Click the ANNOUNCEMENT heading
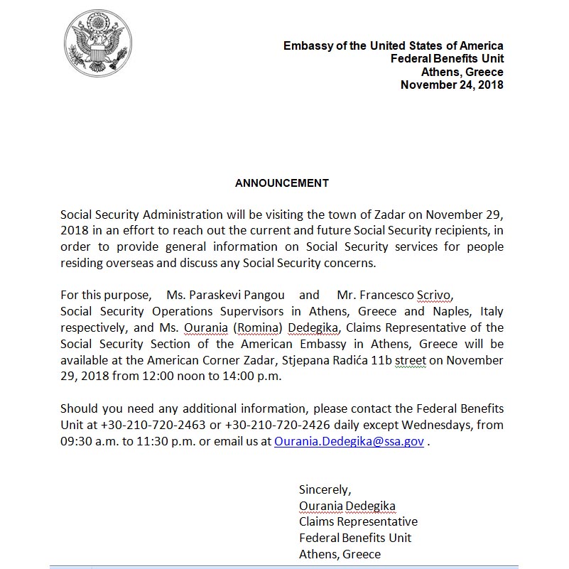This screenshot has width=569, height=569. [282, 183]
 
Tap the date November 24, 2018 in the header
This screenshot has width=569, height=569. [452, 85]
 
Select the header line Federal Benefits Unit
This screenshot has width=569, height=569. [447, 59]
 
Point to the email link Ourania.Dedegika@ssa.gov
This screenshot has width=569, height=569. [349, 441]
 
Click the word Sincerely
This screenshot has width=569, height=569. [325, 489]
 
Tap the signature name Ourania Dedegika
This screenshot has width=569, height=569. [347, 506]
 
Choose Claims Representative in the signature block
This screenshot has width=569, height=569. [358, 522]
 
